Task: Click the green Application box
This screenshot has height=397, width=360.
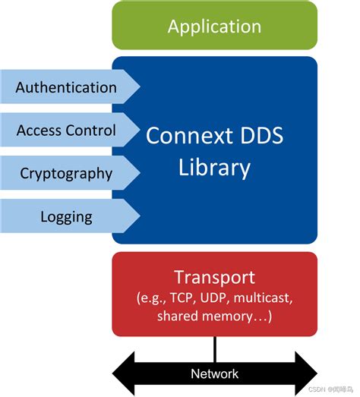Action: pyautogui.click(x=214, y=27)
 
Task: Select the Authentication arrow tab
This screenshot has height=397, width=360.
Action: pyautogui.click(x=67, y=87)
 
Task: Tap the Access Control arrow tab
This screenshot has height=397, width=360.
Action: pyautogui.click(x=67, y=131)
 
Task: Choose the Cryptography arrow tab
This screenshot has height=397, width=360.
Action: pyautogui.click(x=67, y=173)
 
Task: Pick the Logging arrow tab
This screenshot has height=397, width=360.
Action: pyautogui.click(x=67, y=217)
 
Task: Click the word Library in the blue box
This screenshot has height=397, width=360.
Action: pyautogui.click(x=214, y=167)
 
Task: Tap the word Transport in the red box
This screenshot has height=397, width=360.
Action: pyautogui.click(x=214, y=276)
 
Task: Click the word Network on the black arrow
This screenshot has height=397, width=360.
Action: pyautogui.click(x=214, y=373)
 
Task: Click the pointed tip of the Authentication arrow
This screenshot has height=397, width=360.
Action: pyautogui.click(x=140, y=87)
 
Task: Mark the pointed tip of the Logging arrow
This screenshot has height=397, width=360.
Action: pyautogui.click(x=140, y=217)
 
